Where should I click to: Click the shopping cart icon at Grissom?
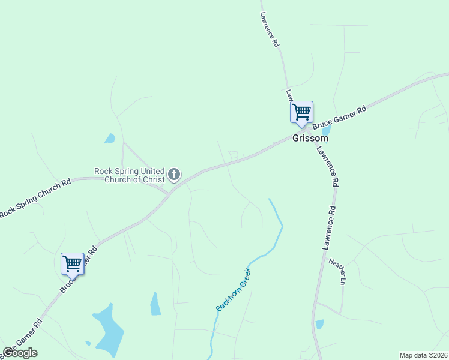click(301, 112)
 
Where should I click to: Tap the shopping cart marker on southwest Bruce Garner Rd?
click(73, 263)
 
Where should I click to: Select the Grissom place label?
click(310, 138)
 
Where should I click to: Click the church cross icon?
click(174, 175)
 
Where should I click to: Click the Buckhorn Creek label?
click(233, 290)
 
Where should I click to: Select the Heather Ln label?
click(337, 271)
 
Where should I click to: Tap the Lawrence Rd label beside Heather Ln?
click(328, 228)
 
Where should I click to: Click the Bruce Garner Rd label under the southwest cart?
click(79, 269)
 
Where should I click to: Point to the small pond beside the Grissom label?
click(327, 130)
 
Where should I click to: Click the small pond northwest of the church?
click(109, 139)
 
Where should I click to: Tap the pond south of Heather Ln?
click(319, 325)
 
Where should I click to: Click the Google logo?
click(20, 353)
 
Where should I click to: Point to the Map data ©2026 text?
click(423, 355)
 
